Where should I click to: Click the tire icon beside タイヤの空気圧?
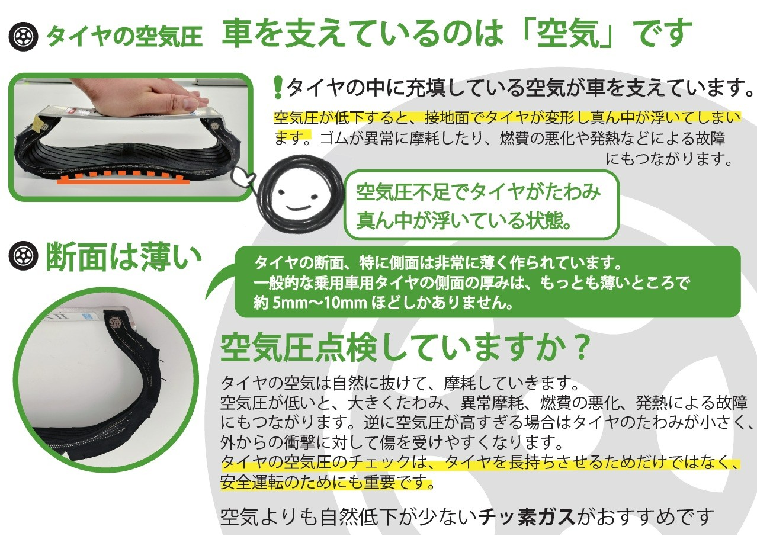[x=23, y=36]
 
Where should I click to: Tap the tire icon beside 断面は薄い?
[x=23, y=256]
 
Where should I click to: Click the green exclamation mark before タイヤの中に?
[x=278, y=87]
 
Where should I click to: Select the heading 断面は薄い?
[x=123, y=256]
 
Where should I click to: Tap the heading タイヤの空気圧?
[x=124, y=37]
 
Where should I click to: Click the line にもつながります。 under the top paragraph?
[x=669, y=159]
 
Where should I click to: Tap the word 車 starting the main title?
[x=238, y=34]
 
